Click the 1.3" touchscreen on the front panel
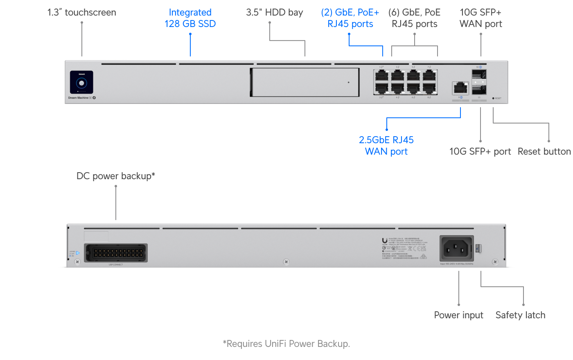pyautogui.click(x=81, y=82)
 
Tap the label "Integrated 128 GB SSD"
pyautogui.click(x=190, y=18)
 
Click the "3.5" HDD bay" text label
pyautogui.click(x=274, y=13)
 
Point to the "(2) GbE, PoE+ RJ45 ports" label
pyautogui.click(x=350, y=18)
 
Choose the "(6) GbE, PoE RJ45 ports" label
pyautogui.click(x=414, y=18)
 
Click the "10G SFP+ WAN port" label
pyautogui.click(x=481, y=18)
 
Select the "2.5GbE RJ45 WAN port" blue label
pyautogui.click(x=386, y=146)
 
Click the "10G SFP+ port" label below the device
pyautogui.click(x=480, y=152)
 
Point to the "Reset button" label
pyautogui.click(x=544, y=152)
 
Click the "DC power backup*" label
pyautogui.click(x=116, y=176)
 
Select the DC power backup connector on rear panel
pyautogui.click(x=115, y=253)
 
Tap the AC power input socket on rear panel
pyautogui.click(x=456, y=248)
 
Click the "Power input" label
pyautogui.click(x=458, y=315)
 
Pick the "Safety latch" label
pyautogui.click(x=520, y=315)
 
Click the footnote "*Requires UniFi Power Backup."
pyautogui.click(x=286, y=344)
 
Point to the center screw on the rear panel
pyautogui.click(x=286, y=262)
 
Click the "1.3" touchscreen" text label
pyautogui.click(x=81, y=13)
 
